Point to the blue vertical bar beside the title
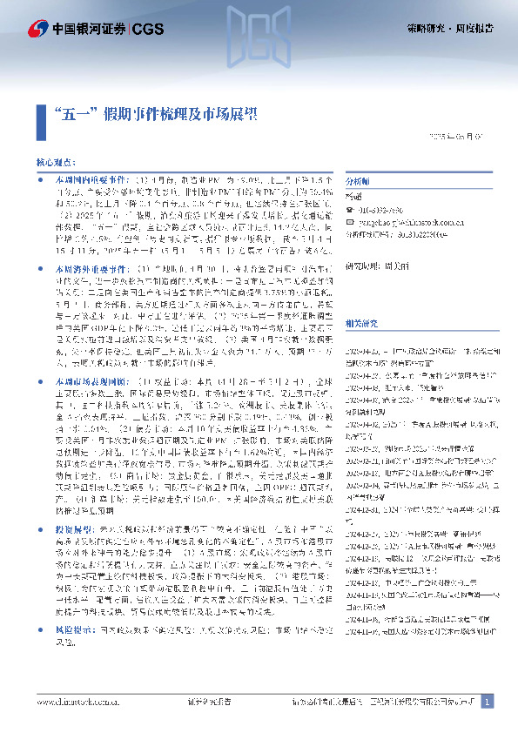coord(44,113)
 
